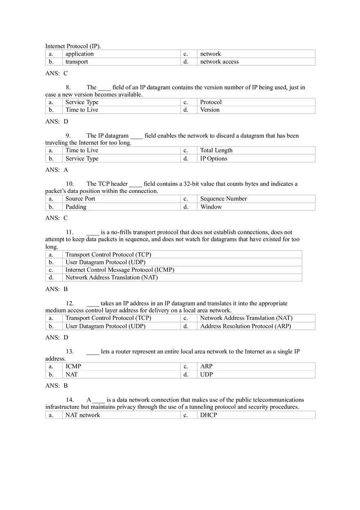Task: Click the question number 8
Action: (68, 87)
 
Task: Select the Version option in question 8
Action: (209, 110)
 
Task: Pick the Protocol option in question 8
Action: (211, 102)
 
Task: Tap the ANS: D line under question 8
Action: (56, 121)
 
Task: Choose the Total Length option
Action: (216, 151)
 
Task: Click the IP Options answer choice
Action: (214, 159)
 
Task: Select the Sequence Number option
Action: (223, 199)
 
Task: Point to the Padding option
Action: (76, 207)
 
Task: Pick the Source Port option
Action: (80, 199)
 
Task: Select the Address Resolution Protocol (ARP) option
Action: (245, 326)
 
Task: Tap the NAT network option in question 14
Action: (83, 415)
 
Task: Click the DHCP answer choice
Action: (208, 415)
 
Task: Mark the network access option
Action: (219, 62)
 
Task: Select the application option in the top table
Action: (79, 54)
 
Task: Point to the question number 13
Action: (70, 351)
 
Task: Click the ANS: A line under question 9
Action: (56, 170)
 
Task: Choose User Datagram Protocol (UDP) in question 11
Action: (105, 262)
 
